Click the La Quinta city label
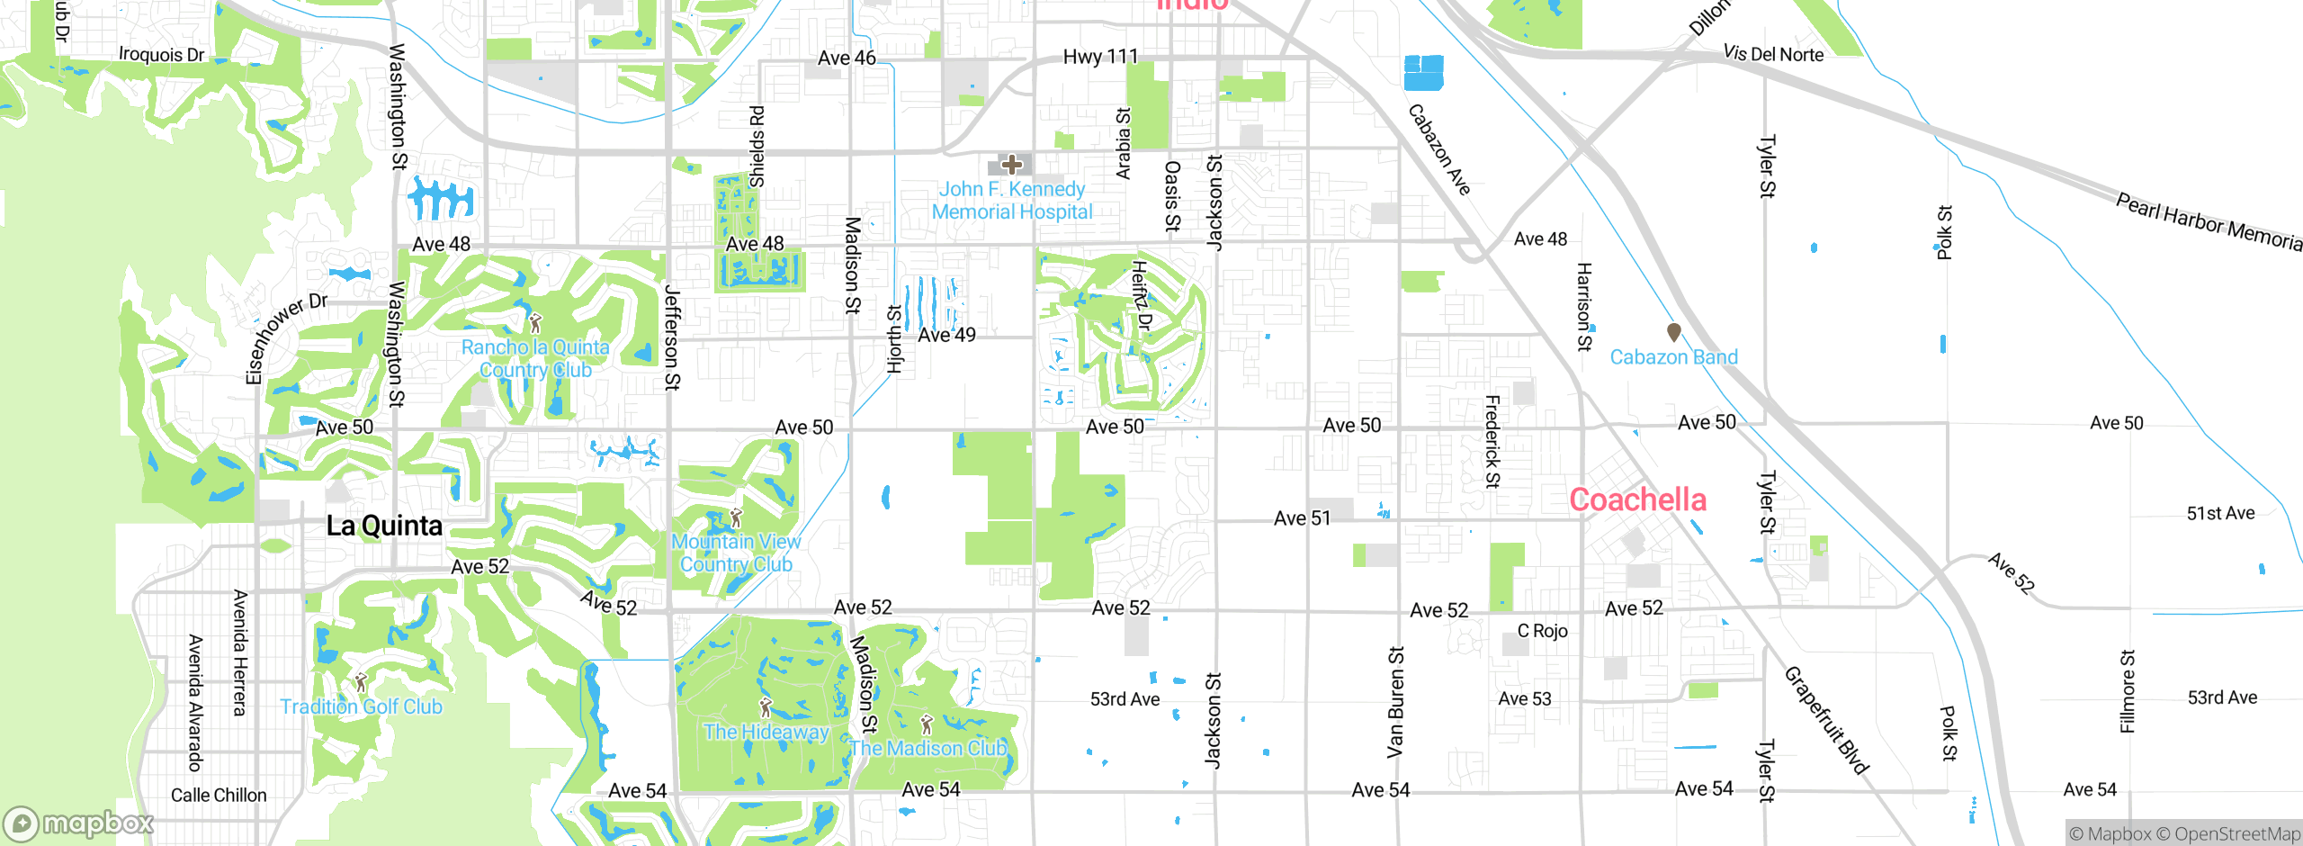click(x=384, y=526)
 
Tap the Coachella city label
click(x=1637, y=499)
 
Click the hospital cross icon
click(x=1012, y=164)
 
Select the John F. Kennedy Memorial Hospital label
click(x=1012, y=201)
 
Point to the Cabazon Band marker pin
click(x=1674, y=332)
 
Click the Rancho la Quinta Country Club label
click(x=535, y=358)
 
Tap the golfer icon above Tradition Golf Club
click(x=361, y=682)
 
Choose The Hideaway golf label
click(x=766, y=732)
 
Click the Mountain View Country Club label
click(x=736, y=553)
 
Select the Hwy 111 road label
click(x=1100, y=57)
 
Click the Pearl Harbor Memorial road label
click(x=2209, y=221)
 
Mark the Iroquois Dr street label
click(x=162, y=54)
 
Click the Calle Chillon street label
click(x=219, y=795)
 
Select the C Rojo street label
click(x=1542, y=631)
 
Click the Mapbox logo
click(x=79, y=823)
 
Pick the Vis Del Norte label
click(x=1773, y=53)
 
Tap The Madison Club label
click(x=927, y=748)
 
